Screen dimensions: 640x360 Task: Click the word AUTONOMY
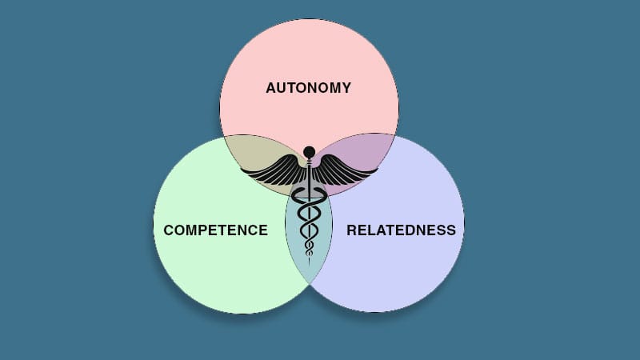coord(308,88)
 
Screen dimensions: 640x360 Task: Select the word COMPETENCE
coord(215,230)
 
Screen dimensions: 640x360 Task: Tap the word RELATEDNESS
coord(402,230)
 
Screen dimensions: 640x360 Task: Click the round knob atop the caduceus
coord(310,152)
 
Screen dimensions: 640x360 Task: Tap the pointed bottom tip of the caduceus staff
coord(309,266)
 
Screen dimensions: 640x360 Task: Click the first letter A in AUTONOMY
coord(271,88)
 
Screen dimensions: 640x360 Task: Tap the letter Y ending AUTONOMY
coord(346,88)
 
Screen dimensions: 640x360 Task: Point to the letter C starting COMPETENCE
coord(169,230)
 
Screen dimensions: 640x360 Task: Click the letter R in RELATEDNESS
coord(351,230)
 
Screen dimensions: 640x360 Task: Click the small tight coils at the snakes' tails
coord(309,248)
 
